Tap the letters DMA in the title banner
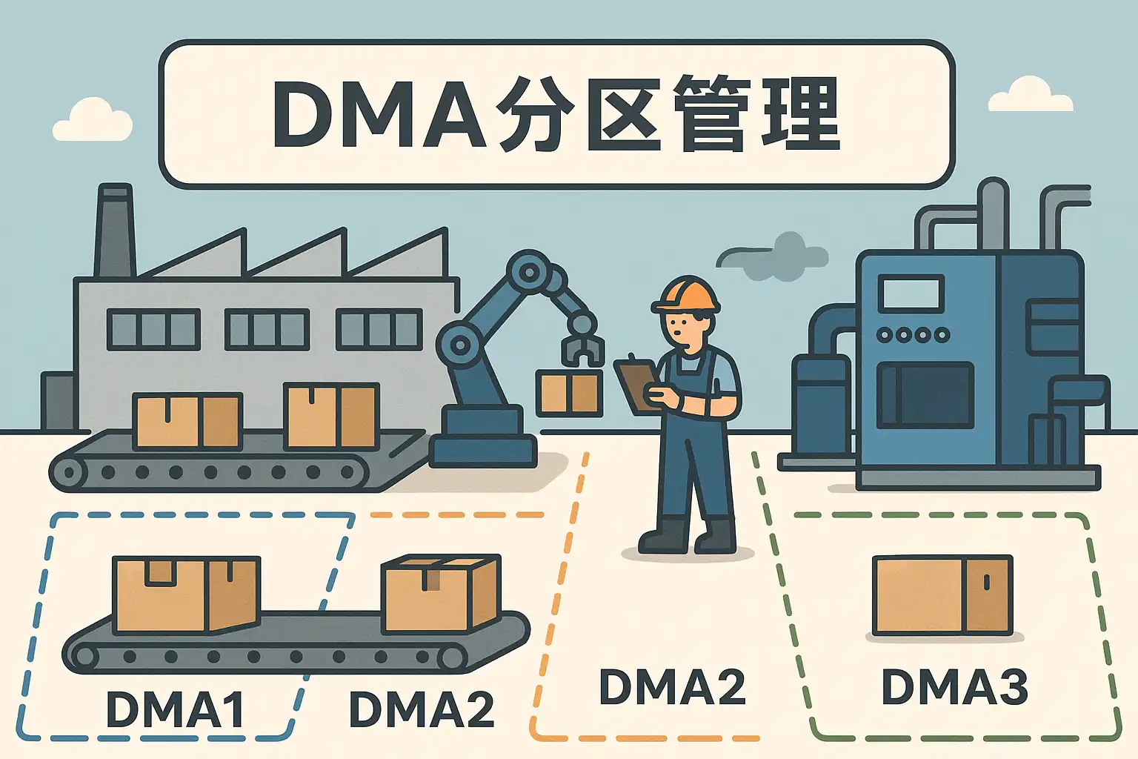[x=380, y=114]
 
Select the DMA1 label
[x=176, y=708]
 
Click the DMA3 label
[x=955, y=686]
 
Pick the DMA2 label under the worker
[x=672, y=686]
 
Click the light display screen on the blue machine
[x=911, y=292]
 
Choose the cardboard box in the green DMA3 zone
[x=942, y=595]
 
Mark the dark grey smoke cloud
[x=772, y=256]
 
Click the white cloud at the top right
[x=1031, y=95]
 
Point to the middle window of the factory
[x=267, y=329]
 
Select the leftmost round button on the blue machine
[x=885, y=335]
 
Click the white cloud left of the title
[x=93, y=120]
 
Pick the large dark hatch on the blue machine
[x=925, y=395]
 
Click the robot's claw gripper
[x=582, y=349]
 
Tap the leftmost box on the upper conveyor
[x=187, y=422]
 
